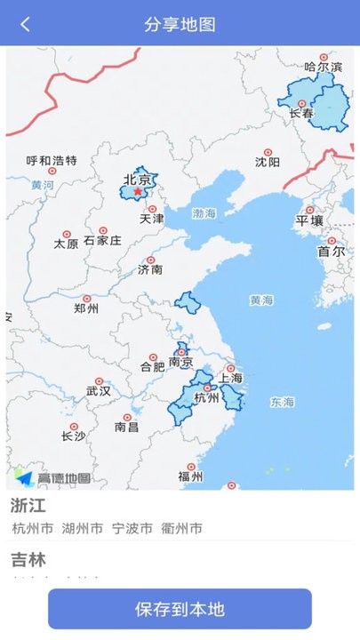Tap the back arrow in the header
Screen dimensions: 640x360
(25, 24)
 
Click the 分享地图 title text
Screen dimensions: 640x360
(180, 24)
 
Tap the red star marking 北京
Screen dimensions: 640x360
(137, 191)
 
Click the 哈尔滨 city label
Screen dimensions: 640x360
(323, 67)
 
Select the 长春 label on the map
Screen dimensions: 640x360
(301, 113)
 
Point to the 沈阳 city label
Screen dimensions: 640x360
(268, 162)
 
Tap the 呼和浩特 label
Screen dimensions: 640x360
(52, 161)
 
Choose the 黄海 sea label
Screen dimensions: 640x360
(261, 300)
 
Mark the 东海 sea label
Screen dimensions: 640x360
(283, 402)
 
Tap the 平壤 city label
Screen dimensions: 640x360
(309, 220)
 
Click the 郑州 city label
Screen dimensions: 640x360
(86, 308)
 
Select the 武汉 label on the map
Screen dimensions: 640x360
(99, 390)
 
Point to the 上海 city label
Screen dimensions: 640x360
(230, 377)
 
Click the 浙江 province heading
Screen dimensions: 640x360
(28, 506)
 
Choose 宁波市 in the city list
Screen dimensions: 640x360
(132, 528)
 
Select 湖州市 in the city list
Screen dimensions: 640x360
(83, 528)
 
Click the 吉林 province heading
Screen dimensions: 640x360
(28, 560)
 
